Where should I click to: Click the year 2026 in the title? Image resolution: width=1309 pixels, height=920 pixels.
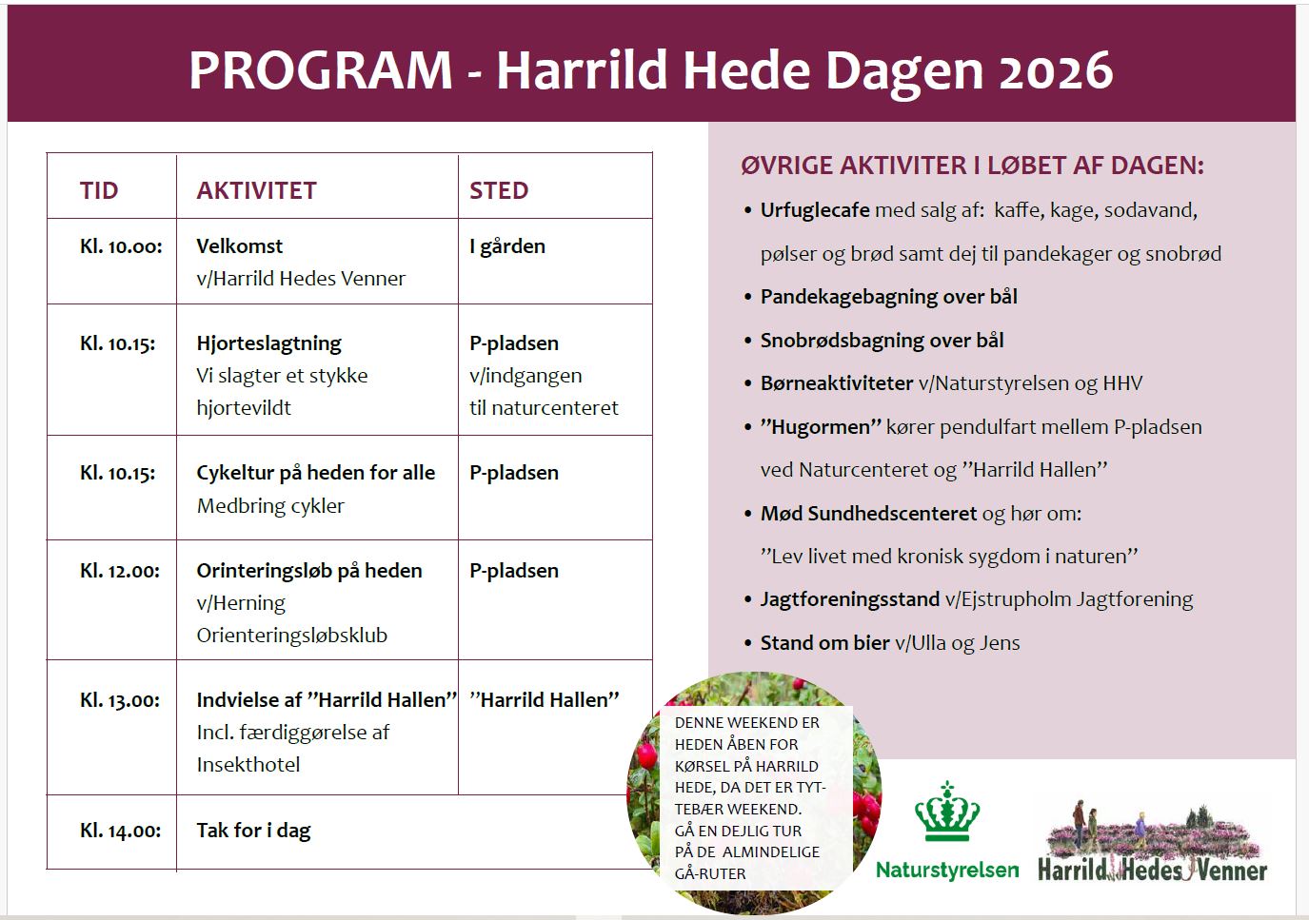point(1056,70)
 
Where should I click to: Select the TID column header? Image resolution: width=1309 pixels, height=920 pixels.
point(99,190)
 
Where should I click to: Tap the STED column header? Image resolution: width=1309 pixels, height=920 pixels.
point(499,190)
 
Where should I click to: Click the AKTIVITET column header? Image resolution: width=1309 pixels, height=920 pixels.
point(256,190)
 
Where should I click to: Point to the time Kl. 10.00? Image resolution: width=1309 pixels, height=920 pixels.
point(121,246)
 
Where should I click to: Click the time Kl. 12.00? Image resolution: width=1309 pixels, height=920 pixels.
point(120,571)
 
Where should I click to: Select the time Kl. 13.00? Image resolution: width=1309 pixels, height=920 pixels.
point(120,700)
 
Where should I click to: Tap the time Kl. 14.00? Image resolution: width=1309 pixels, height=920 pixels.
point(120,830)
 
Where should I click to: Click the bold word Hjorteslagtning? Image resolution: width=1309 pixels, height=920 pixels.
point(268,343)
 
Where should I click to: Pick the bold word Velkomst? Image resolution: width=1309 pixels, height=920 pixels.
point(240,246)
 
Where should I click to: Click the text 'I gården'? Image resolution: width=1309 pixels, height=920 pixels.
point(507,246)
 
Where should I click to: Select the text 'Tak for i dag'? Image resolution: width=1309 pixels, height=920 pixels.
point(253,830)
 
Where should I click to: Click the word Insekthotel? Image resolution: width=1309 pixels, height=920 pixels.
point(248,765)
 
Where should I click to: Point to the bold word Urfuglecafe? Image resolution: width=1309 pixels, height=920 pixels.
point(815,210)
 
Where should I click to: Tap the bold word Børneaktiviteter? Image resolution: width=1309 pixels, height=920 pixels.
point(837,383)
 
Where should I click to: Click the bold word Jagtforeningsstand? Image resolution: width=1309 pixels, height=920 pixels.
point(850,599)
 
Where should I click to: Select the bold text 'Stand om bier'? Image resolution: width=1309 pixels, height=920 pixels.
point(825,642)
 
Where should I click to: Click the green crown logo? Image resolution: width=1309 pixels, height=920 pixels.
point(947,812)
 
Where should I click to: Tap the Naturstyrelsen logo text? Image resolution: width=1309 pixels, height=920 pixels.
point(947,871)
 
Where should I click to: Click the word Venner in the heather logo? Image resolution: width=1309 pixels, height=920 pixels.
point(1232,871)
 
